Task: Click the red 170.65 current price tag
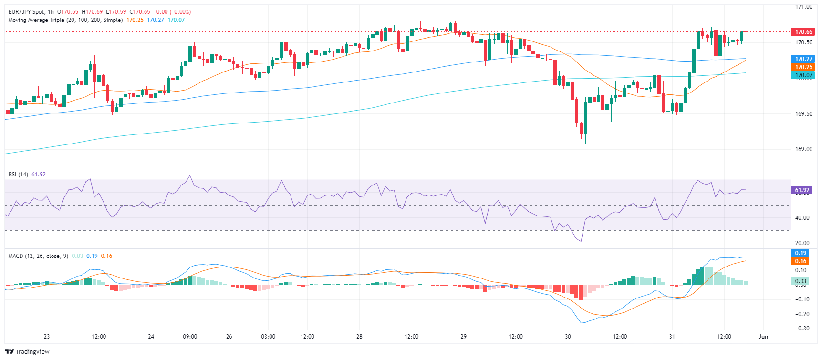tap(803, 32)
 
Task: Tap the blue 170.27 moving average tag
tap(803, 59)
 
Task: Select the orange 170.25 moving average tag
tap(803, 67)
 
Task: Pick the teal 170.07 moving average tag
tap(803, 75)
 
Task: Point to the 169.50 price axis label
tap(803, 114)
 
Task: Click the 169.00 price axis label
tap(803, 149)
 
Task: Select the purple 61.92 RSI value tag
tap(801, 190)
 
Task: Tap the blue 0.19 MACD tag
tap(801, 253)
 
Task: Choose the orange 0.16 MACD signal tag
tap(801, 261)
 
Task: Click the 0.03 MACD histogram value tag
tap(801, 281)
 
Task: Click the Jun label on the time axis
tap(763, 337)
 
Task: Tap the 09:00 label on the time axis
tap(190, 337)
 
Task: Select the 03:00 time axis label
tap(268, 337)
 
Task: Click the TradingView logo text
tap(32, 352)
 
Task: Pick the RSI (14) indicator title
tap(18, 175)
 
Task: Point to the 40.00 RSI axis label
tap(802, 218)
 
